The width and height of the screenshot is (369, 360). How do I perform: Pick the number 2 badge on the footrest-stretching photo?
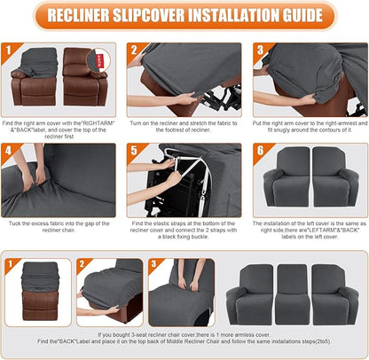pyautogui.click(x=135, y=50)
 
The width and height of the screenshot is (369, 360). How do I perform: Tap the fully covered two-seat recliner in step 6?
pyautogui.click(x=310, y=184)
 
